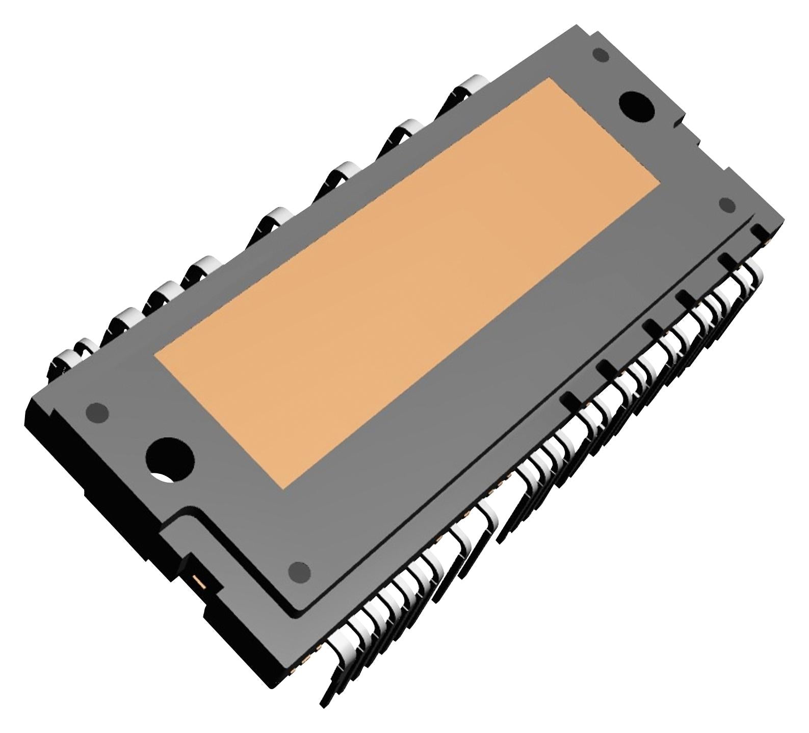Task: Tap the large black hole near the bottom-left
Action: pos(170,458)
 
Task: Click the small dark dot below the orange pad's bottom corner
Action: pos(299,571)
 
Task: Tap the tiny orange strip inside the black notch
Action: pos(197,580)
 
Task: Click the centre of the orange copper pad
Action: pos(407,283)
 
